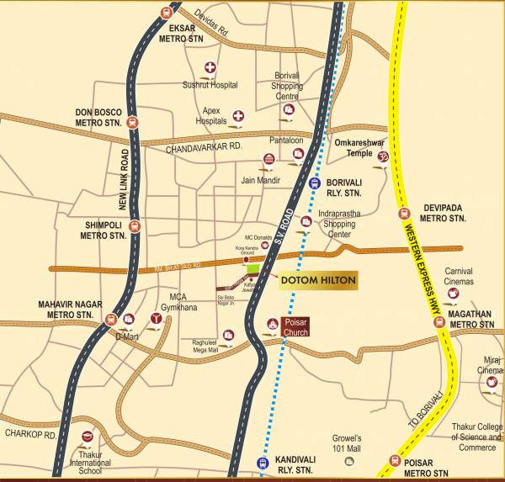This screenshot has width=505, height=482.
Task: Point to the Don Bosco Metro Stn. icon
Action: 132,122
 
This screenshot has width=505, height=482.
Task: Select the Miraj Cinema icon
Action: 492,382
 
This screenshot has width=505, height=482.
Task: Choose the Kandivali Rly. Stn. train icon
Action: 259,461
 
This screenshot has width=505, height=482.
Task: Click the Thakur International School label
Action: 90,458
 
